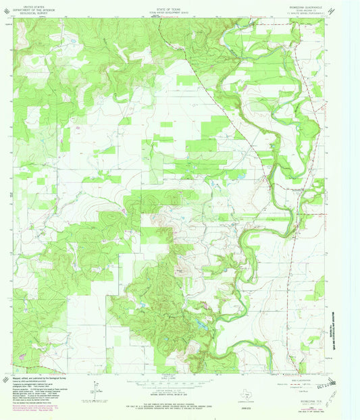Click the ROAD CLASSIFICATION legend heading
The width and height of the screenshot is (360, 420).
[x=306, y=379]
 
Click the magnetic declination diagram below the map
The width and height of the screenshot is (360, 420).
[x=93, y=390]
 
